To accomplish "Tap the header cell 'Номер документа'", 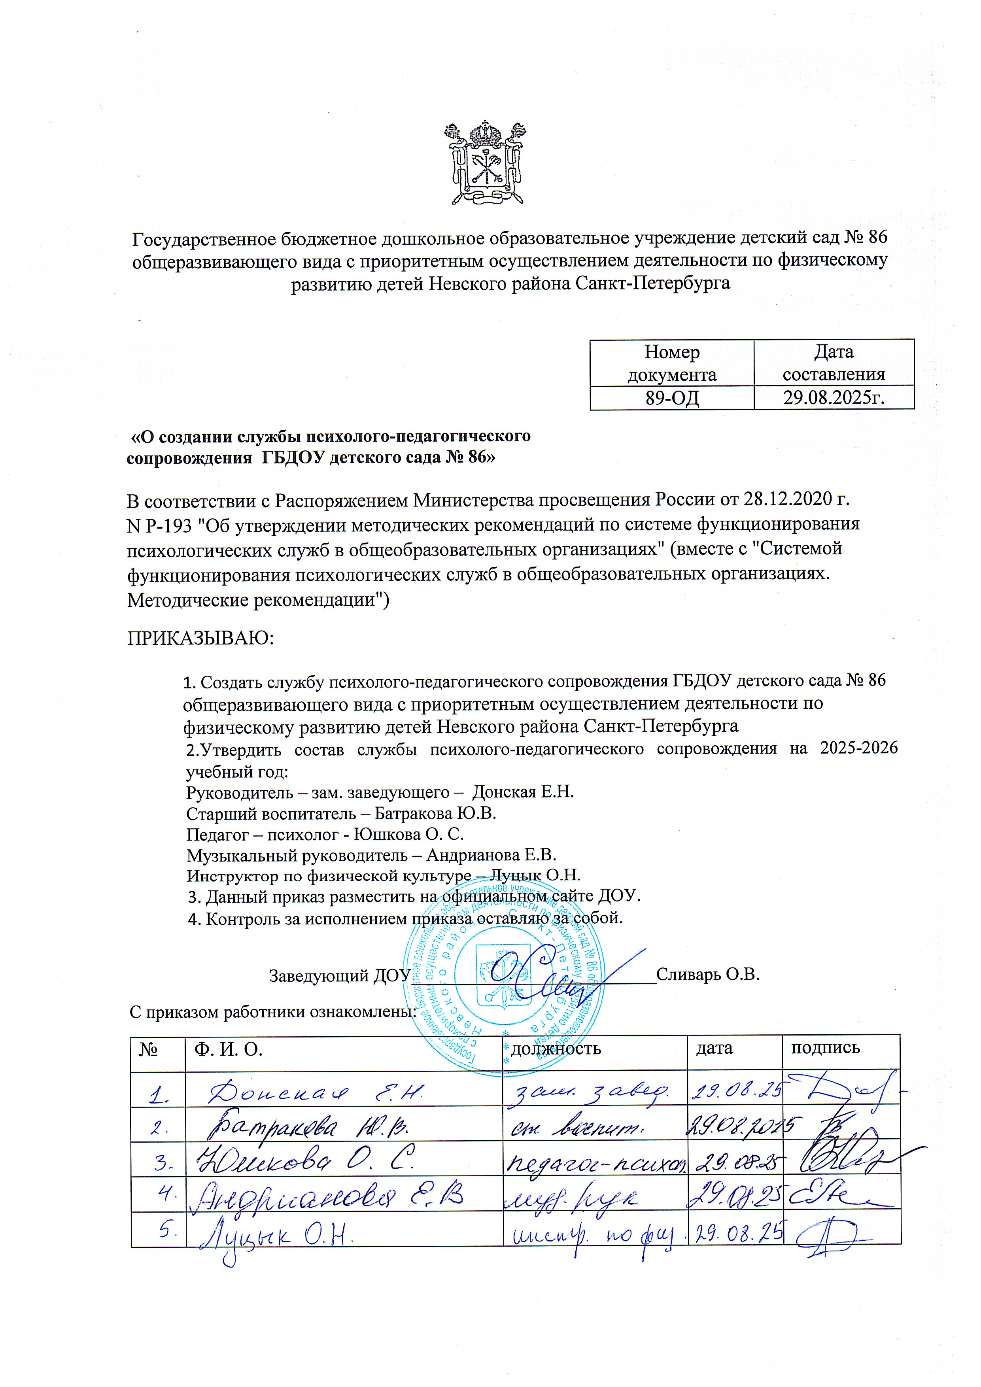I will (x=672, y=363).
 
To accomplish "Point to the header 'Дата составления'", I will (x=834, y=363).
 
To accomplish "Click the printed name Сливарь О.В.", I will (x=707, y=974).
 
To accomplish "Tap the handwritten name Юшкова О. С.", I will (x=302, y=1161).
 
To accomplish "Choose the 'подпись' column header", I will (x=825, y=1047).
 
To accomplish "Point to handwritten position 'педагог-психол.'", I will (x=595, y=1162).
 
